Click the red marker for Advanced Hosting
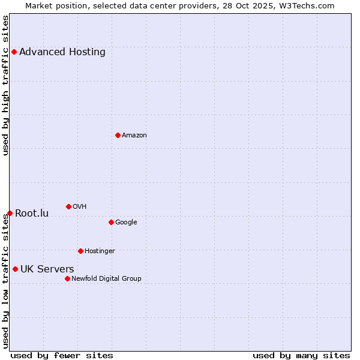(x=14, y=52)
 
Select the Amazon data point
(x=118, y=135)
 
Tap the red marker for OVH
(x=68, y=206)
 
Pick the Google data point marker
(x=111, y=222)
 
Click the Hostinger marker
(x=80, y=251)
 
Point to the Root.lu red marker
(x=10, y=213)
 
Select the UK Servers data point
(x=15, y=269)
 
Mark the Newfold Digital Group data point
(x=67, y=278)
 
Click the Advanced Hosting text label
(x=62, y=52)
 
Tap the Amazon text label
(x=134, y=135)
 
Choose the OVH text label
(x=80, y=206)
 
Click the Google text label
(x=126, y=222)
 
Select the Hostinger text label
(x=100, y=251)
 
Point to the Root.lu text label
(x=32, y=213)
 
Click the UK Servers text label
(x=47, y=269)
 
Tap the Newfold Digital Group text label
(x=106, y=278)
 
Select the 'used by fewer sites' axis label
(x=62, y=355)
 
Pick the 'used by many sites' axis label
(x=301, y=355)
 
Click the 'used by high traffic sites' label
(x=5, y=85)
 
